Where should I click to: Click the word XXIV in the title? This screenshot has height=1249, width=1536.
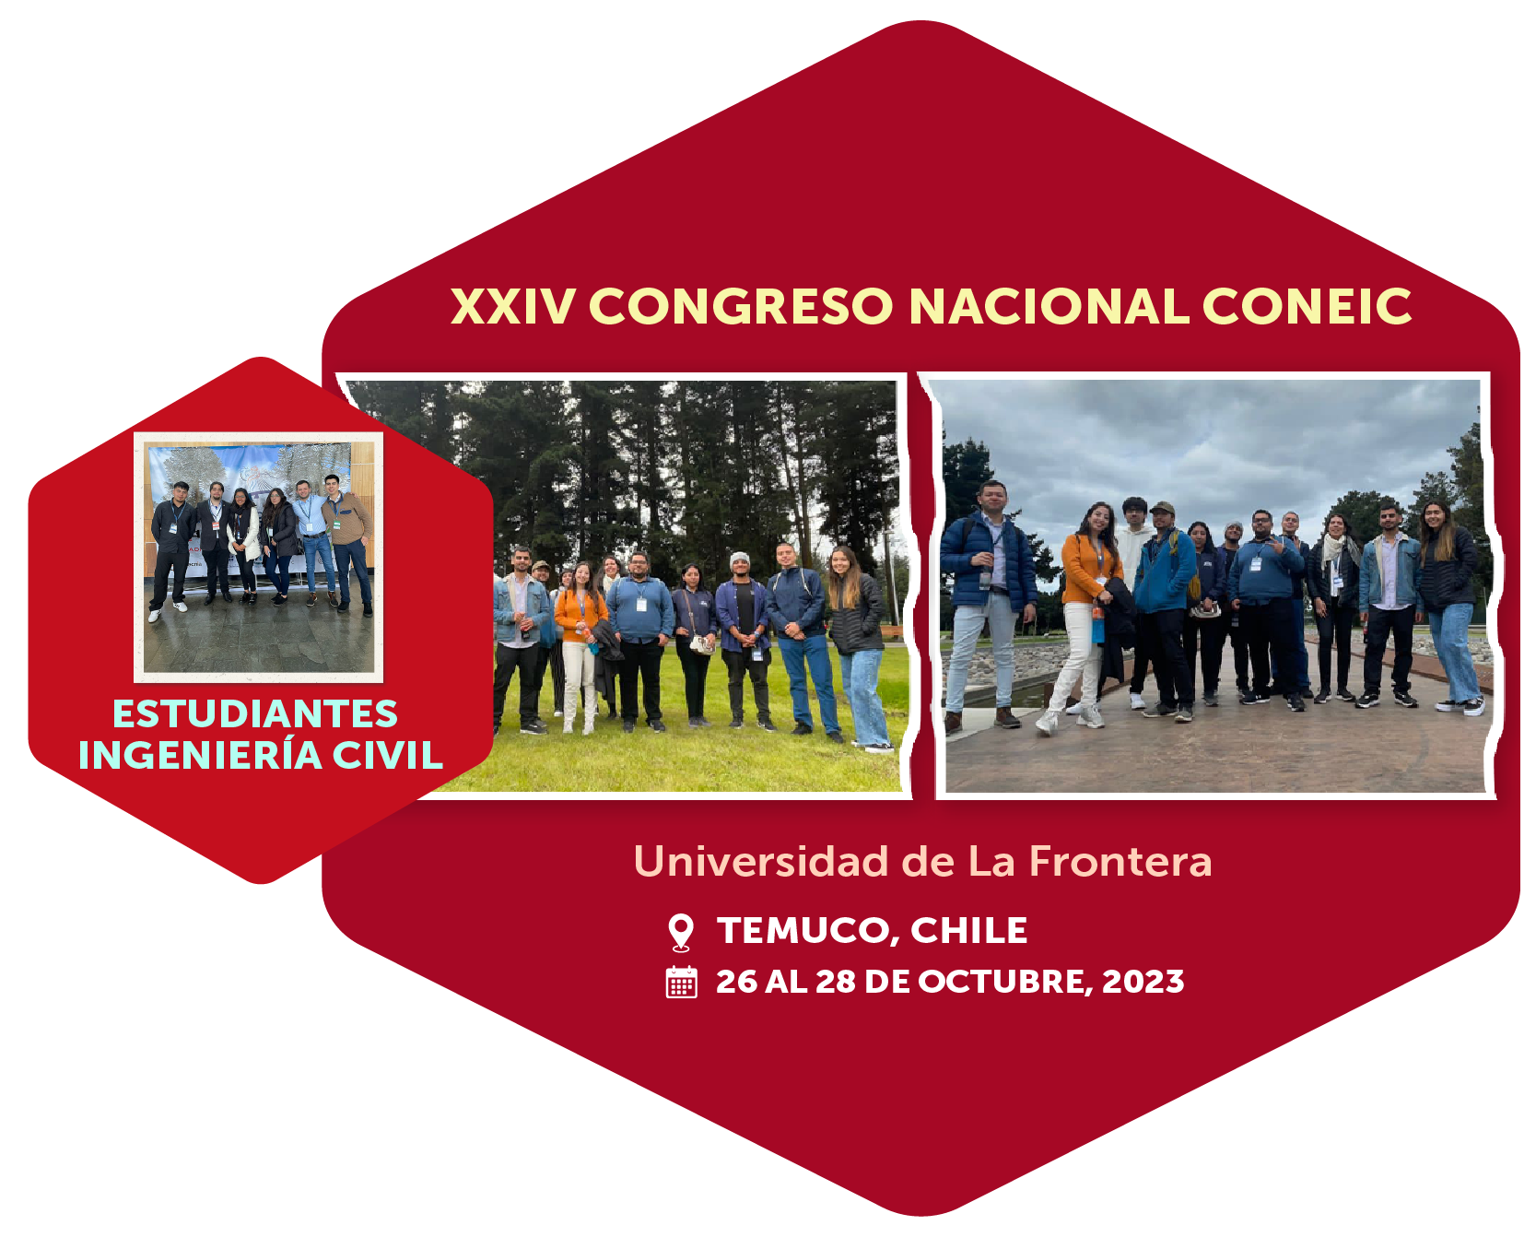click(x=513, y=306)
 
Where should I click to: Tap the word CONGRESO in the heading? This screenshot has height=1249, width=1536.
click(x=742, y=306)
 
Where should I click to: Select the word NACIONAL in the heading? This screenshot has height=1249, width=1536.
click(x=1049, y=306)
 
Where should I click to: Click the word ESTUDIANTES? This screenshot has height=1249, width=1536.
click(x=255, y=714)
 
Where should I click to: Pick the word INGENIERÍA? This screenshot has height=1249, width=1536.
click(x=200, y=754)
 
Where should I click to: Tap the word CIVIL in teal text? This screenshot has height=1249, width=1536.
click(x=388, y=756)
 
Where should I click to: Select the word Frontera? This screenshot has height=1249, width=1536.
click(x=1120, y=861)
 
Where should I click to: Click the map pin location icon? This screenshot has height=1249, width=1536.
click(x=681, y=931)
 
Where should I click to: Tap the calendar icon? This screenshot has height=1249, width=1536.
click(x=682, y=982)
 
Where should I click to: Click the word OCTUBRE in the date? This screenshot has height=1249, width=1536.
click(x=1005, y=982)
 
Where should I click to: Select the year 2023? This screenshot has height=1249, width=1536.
click(x=1143, y=982)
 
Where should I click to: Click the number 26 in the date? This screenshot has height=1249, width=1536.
click(x=736, y=982)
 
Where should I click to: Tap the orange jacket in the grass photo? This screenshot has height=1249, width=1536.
click(x=580, y=615)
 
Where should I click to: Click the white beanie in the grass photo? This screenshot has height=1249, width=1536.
click(x=740, y=560)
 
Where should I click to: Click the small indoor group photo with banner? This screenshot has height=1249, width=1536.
click(x=259, y=558)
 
